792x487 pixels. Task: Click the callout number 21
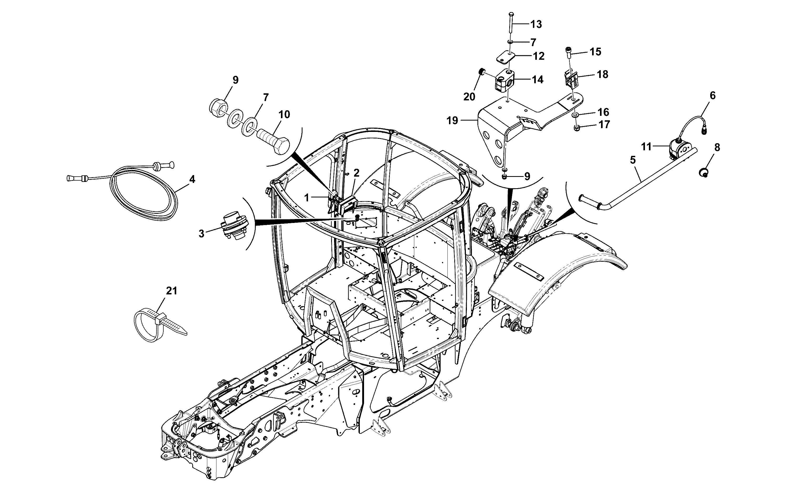pyautogui.click(x=171, y=291)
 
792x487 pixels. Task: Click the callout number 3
pyautogui.click(x=201, y=233)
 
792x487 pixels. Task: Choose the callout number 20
pyautogui.click(x=470, y=96)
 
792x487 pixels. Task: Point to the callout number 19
pyautogui.click(x=452, y=121)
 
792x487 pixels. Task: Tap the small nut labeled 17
pyautogui.click(x=576, y=128)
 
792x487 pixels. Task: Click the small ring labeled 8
pyautogui.click(x=704, y=173)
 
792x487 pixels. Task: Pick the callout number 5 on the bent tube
pyautogui.click(x=633, y=160)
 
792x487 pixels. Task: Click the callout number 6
pyautogui.click(x=713, y=95)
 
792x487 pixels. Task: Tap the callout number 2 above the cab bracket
pyautogui.click(x=356, y=173)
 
